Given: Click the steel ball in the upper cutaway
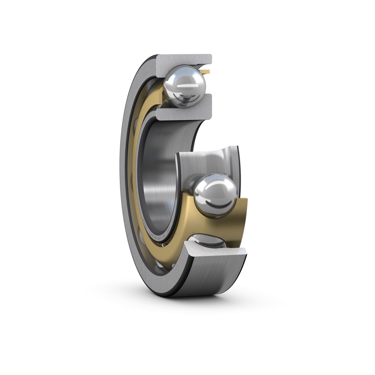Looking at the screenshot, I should coord(185,86).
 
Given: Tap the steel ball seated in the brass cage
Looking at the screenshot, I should coord(215,193).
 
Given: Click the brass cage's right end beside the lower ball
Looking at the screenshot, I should coord(240,220).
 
